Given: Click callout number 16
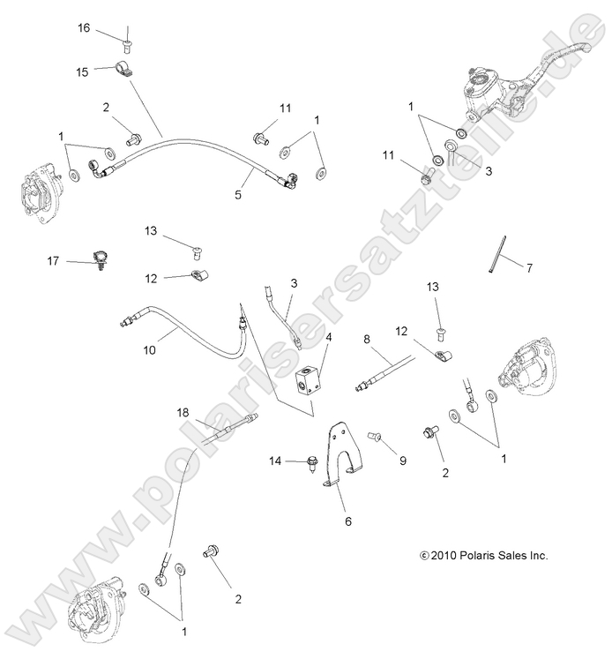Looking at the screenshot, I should pos(84,28).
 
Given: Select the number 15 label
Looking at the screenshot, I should pos(83,71).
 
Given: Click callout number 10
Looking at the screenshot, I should pos(172,350).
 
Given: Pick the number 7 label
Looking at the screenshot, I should pos(530,267).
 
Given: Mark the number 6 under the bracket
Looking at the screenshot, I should pos(347,521).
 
